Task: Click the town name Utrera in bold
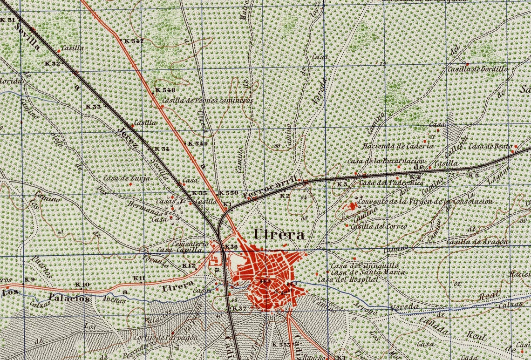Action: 279,235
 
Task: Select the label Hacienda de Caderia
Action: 399,146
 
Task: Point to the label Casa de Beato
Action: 490,146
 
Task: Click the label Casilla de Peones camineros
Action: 207,100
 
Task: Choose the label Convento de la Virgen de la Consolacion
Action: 425,202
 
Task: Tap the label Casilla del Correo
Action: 378,226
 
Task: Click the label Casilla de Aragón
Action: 477,242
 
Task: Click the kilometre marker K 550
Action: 229,193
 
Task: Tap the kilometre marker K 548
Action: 165,89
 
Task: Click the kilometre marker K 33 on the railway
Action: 94,107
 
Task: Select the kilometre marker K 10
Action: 82,285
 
